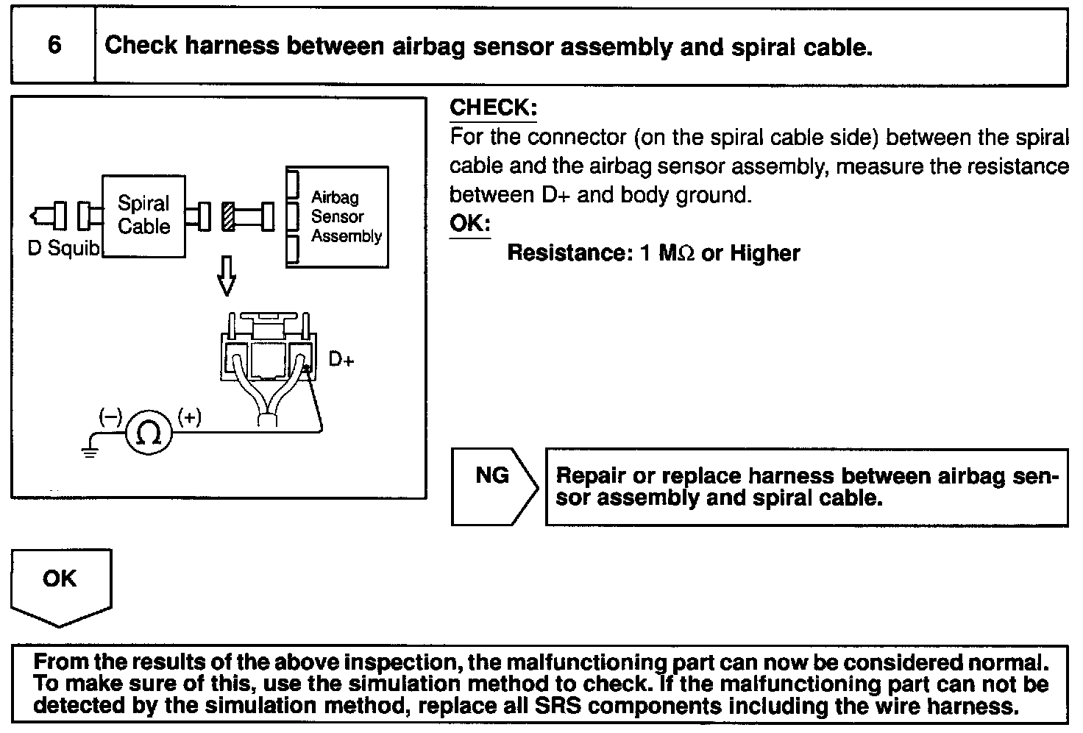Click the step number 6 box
click(x=54, y=46)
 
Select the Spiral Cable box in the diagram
click(x=143, y=216)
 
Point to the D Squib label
click(x=63, y=249)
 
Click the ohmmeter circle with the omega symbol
click(x=150, y=433)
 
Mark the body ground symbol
click(x=90, y=449)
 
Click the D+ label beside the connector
click(x=341, y=360)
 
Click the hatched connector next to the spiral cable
click(x=228, y=216)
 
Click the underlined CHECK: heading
click(x=493, y=108)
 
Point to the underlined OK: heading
click(x=469, y=224)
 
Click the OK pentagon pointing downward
click(x=60, y=585)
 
